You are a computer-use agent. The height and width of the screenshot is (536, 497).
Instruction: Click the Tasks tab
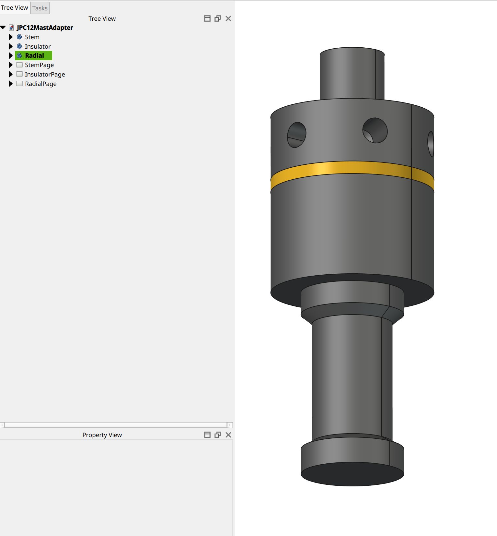[x=40, y=8]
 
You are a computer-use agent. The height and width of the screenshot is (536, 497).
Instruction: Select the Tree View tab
[x=15, y=7]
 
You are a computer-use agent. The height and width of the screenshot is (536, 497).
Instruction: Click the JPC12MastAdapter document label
[x=45, y=28]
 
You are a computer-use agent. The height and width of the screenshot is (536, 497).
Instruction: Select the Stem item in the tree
[x=32, y=37]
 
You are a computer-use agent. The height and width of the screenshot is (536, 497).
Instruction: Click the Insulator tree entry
[x=38, y=46]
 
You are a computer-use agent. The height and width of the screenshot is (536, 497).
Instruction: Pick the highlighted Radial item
[x=34, y=55]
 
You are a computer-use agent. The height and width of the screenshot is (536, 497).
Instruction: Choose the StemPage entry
[x=39, y=65]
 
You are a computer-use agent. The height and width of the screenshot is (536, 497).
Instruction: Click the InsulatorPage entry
[x=45, y=74]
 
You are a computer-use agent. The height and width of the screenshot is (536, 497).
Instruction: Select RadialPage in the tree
[x=40, y=84]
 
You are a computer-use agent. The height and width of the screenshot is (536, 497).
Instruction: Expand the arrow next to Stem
[x=11, y=37]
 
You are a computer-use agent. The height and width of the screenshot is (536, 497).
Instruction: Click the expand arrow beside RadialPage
[x=11, y=84]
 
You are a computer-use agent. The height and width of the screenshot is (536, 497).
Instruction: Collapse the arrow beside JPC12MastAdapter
[x=3, y=28]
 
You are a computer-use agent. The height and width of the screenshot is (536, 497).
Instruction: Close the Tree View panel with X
[x=228, y=18]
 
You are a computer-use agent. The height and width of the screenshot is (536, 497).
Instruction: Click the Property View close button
[x=228, y=435]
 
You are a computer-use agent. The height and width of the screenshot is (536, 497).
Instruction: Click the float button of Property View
[x=218, y=435]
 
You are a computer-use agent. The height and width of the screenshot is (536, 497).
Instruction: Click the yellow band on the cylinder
[x=350, y=169]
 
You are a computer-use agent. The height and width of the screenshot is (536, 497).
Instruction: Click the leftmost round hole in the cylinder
[x=296, y=135]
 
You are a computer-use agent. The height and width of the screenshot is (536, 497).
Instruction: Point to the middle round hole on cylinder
[x=375, y=130]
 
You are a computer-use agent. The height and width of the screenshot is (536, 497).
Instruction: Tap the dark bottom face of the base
[x=352, y=474]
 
